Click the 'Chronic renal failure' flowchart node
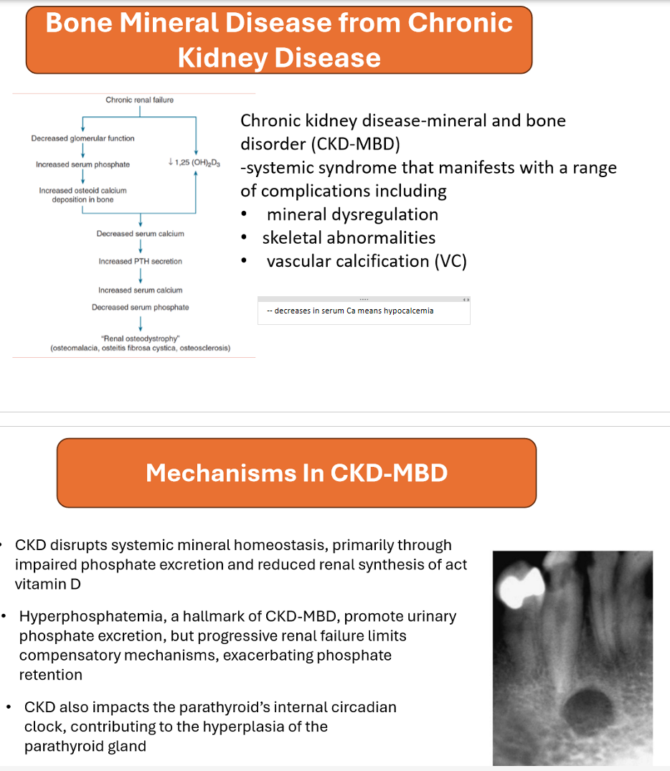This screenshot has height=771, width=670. coord(139,100)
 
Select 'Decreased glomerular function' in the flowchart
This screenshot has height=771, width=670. coord(82,138)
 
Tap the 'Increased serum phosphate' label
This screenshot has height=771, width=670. coord(82,164)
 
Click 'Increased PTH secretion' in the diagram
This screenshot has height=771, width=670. coord(140,261)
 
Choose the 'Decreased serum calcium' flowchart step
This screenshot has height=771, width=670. coord(140,234)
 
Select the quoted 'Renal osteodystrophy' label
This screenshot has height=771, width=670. coord(141,338)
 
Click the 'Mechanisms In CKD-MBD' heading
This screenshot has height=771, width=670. coord(296,473)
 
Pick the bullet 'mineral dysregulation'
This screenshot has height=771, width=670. coord(352,214)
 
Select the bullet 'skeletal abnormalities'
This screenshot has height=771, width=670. coord(349,237)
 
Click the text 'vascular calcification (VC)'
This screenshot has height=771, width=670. coord(367,261)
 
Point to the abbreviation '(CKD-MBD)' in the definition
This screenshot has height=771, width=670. coord(355,143)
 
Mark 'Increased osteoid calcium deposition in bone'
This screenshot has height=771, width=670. coord(82,195)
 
